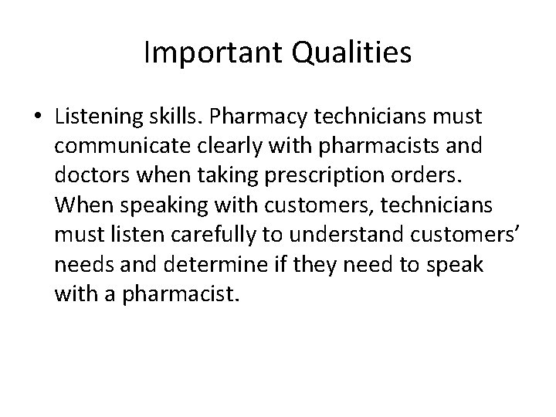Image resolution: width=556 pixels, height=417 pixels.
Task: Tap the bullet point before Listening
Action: point(37,118)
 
